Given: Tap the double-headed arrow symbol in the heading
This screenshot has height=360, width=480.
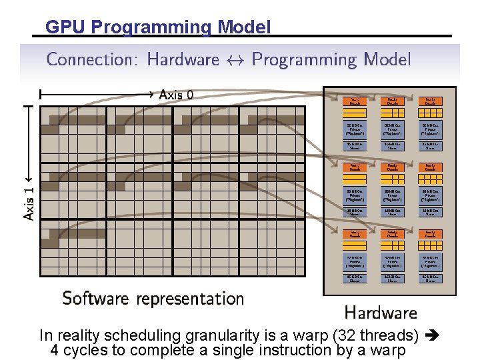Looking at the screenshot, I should (235, 61).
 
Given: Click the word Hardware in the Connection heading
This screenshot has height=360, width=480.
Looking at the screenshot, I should (183, 60).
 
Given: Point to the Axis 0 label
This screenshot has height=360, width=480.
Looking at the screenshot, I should (177, 95).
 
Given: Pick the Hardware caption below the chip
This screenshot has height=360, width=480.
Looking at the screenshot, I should (380, 312).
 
